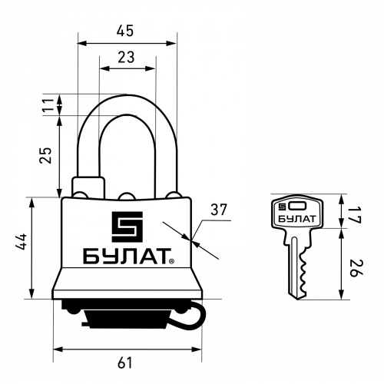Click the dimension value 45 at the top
[x=125, y=31]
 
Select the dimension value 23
[x=126, y=57]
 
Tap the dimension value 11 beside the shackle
[x=48, y=104]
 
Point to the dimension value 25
[x=45, y=155]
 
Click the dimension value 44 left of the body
[x=21, y=242]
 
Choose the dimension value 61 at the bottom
[x=125, y=363]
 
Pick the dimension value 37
[x=219, y=210]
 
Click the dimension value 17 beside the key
[x=355, y=215]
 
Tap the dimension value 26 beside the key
[x=356, y=268]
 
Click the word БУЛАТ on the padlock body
[x=126, y=256]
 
